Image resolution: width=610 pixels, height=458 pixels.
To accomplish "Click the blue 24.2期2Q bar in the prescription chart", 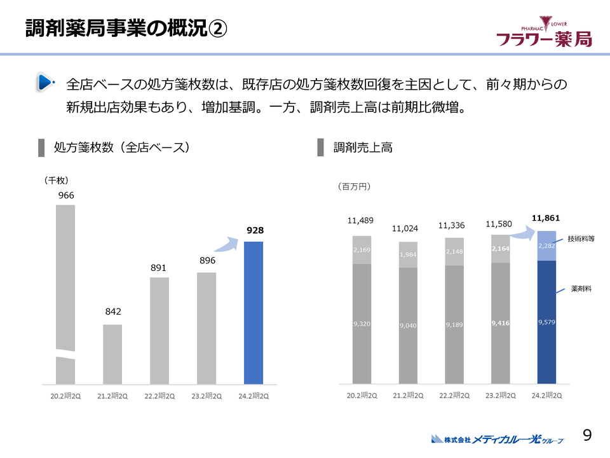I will [254, 313].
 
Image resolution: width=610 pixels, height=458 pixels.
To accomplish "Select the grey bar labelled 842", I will [112, 354].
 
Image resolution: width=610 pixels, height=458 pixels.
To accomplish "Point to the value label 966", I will [66, 195].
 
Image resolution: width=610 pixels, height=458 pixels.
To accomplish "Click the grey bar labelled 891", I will [159, 331].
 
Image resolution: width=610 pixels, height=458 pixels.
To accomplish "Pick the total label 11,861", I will [546, 218].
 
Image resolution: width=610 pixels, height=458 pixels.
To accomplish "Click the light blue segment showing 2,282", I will [546, 246].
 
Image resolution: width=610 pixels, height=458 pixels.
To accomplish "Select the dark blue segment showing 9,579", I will [546, 323].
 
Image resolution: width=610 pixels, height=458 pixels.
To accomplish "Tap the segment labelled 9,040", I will [409, 326].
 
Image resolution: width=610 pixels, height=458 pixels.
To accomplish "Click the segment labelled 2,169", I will [362, 250].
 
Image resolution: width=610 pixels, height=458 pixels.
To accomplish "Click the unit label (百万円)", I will [353, 186].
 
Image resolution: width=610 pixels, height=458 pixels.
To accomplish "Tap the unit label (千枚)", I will [56, 180].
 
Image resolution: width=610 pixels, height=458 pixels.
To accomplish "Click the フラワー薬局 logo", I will [544, 33].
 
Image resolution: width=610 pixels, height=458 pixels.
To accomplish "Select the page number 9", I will [587, 435].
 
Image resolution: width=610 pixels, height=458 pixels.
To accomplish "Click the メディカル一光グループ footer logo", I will [497, 439].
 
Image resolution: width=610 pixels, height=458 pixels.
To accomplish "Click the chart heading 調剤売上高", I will [363, 148].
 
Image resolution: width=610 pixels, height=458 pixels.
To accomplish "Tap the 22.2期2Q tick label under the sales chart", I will [455, 396].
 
